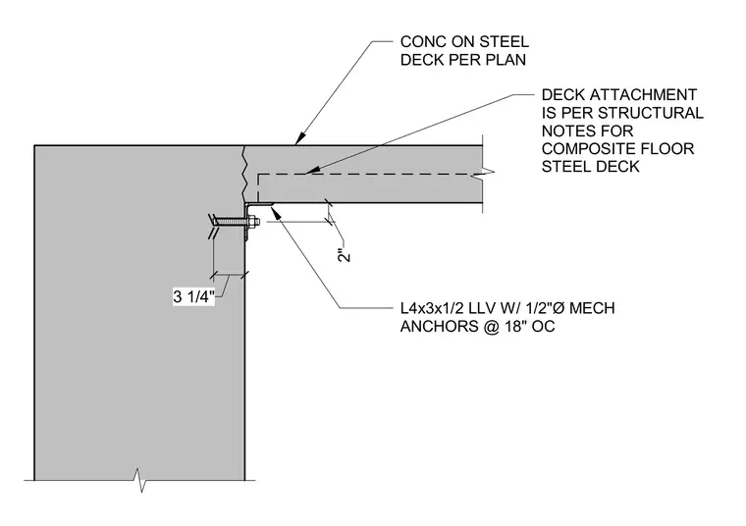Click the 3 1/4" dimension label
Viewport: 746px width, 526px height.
point(193,296)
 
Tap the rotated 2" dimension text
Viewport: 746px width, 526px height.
point(344,255)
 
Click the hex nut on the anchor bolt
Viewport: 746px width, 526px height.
point(251,221)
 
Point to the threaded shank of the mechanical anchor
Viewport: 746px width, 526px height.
point(231,221)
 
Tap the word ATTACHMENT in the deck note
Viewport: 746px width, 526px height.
point(643,94)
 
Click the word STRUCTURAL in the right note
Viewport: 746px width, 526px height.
point(651,113)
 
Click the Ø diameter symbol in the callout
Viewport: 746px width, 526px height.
point(559,308)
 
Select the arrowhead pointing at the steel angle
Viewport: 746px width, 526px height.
point(275,212)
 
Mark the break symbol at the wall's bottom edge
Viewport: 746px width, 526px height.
point(139,480)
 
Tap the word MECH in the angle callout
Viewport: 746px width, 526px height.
point(592,308)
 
